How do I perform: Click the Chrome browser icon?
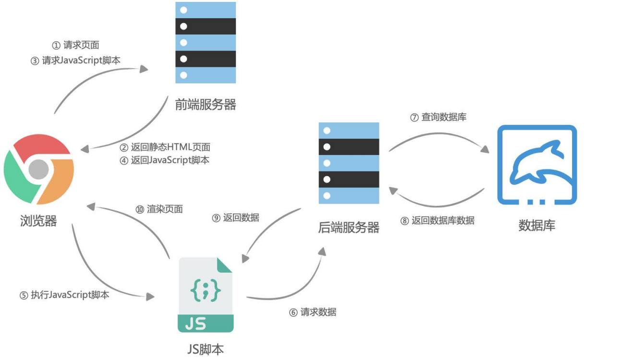click(x=39, y=169)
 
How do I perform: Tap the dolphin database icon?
click(x=537, y=165)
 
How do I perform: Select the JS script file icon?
click(x=206, y=295)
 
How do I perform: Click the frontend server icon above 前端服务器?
click(x=206, y=42)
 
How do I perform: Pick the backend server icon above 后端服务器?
click(x=349, y=163)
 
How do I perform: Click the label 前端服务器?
click(x=206, y=105)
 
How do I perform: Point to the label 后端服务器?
click(x=349, y=228)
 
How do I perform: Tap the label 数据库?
click(x=536, y=225)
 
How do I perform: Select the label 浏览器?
click(x=38, y=221)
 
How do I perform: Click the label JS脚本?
click(x=205, y=349)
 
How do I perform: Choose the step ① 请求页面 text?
click(x=75, y=45)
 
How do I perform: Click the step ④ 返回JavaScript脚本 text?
click(x=164, y=160)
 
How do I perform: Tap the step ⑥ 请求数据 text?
click(x=312, y=312)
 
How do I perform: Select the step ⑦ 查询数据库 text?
click(x=438, y=117)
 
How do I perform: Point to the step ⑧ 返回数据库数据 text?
click(x=437, y=221)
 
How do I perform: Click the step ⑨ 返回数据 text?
click(x=235, y=217)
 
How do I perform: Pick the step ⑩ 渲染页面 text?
click(x=159, y=209)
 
